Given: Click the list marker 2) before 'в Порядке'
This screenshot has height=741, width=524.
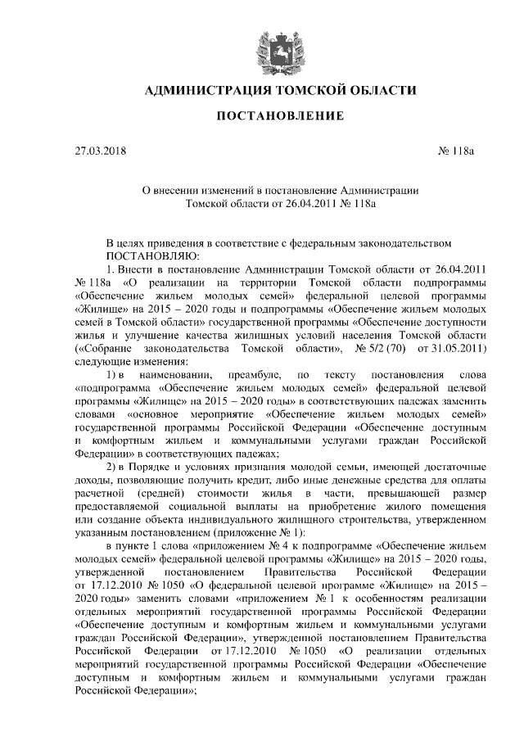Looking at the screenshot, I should [x=115, y=467].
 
